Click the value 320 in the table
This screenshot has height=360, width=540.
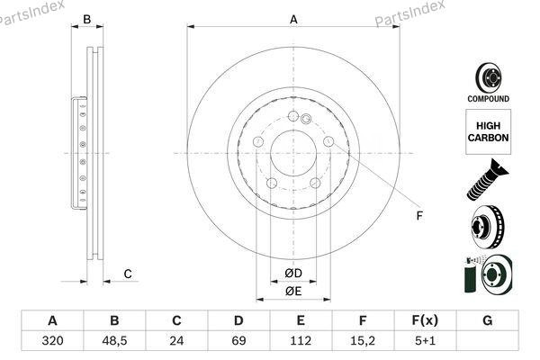coord(52,341)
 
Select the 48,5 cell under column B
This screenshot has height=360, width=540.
coord(114,341)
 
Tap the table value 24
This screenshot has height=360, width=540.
coord(176,341)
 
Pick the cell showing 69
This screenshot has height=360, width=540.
coord(238,341)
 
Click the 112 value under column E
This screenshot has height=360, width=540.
coord(301,341)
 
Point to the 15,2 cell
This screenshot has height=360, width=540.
coord(363,341)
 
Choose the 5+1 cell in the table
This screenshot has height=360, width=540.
coord(425,341)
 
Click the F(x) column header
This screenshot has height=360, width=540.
coord(425,320)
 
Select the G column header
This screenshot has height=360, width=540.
coord(487,320)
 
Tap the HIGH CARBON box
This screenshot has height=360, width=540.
coord(489,132)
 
